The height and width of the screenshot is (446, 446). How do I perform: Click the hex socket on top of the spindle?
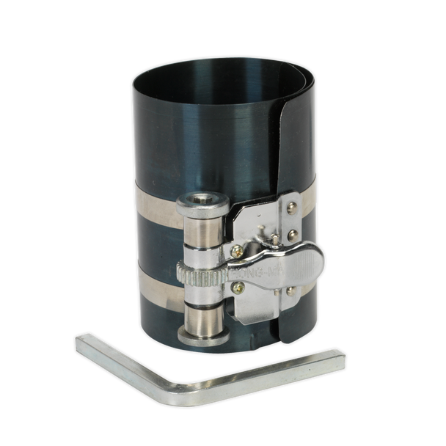(x=201, y=199)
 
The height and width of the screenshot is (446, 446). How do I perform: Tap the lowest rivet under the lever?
(x=290, y=291)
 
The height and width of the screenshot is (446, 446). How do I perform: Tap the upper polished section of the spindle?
(x=201, y=233)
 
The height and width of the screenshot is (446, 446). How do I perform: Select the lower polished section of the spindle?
(x=202, y=317)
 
